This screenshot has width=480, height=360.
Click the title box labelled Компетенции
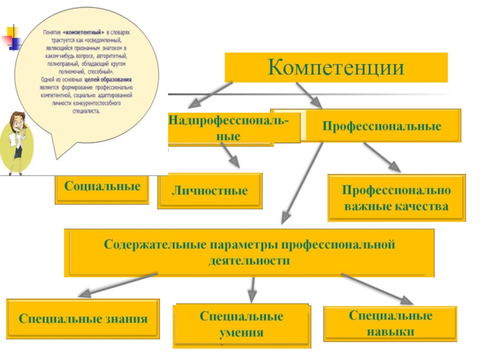coord(336,67)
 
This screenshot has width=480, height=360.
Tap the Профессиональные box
coord(382,126)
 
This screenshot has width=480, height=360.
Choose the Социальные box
coord(102,187)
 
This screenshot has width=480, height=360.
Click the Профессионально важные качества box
coord(395,198)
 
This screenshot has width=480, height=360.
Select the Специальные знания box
coord(83,319)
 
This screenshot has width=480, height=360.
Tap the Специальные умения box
coord(241,325)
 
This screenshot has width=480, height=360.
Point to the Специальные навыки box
coord(391,323)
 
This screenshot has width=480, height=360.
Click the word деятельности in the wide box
coord(249,262)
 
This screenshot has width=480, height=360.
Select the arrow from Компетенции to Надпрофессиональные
coord(207,94)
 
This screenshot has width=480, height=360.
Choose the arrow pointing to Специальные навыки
coord(379,289)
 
